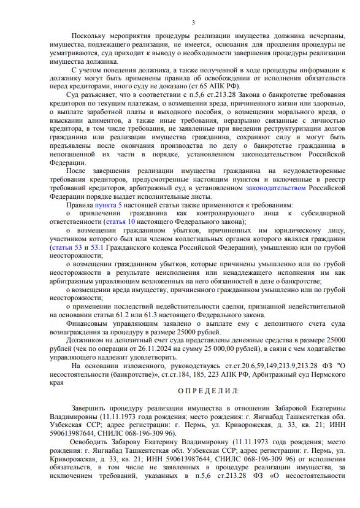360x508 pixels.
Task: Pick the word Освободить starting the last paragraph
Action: (91, 440)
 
